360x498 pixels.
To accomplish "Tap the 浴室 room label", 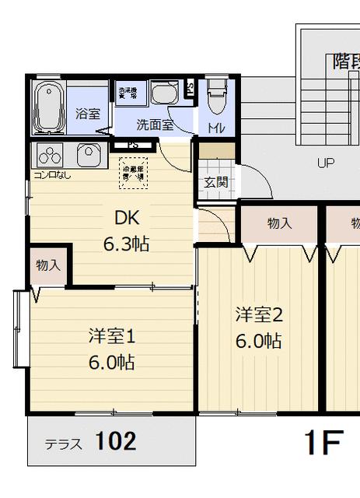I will pyautogui.click(x=87, y=114).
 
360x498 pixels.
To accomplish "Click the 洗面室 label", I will pyautogui.click(x=155, y=124).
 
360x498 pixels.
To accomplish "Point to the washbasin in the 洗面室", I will pyautogui.click(x=165, y=96).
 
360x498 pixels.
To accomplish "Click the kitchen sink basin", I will pyautogui.click(x=88, y=153).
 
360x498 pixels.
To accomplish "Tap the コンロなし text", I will pyautogui.click(x=52, y=174).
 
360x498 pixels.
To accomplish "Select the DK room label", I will pyautogui.click(x=127, y=218).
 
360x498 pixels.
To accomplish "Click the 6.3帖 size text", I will pyautogui.click(x=126, y=244).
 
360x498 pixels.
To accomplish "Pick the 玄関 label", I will pyautogui.click(x=215, y=183).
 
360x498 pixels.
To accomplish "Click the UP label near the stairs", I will pyautogui.click(x=325, y=163).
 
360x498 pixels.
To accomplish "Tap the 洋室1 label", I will pyautogui.click(x=112, y=336).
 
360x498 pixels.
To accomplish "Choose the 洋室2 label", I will pyautogui.click(x=258, y=315).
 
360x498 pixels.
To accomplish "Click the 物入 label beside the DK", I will pyautogui.click(x=48, y=265).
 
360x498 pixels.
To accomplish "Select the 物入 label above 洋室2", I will pyautogui.click(x=279, y=223).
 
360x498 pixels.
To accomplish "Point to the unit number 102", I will pyautogui.click(x=116, y=442).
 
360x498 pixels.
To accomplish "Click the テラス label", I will pyautogui.click(x=63, y=445).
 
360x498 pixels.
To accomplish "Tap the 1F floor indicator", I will pyautogui.click(x=323, y=444).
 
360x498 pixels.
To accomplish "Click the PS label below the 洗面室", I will pyautogui.click(x=132, y=145).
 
